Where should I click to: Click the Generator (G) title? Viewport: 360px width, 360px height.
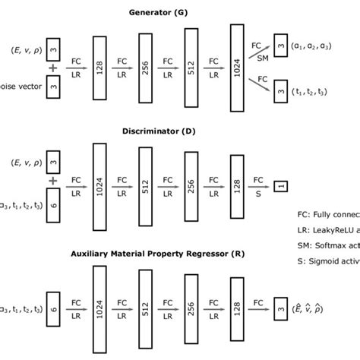[x=180, y=11]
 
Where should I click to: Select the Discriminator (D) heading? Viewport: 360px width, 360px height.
[x=180, y=130]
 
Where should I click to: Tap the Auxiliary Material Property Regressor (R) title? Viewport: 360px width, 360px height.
[x=180, y=251]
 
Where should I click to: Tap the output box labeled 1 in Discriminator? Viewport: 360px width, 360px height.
[x=281, y=185]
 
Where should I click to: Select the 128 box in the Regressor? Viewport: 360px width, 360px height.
[x=236, y=305]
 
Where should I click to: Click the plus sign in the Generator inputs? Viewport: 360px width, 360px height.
[x=52, y=68]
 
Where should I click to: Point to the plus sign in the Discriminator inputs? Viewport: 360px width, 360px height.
[x=52, y=182]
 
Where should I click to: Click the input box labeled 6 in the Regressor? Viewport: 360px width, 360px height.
[x=52, y=306]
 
